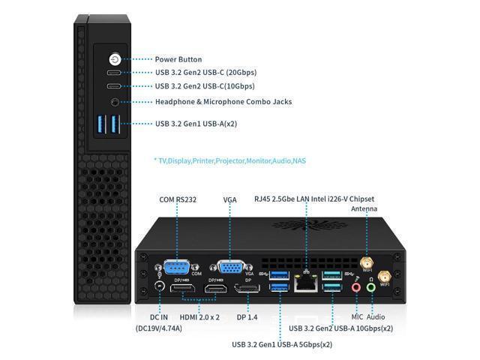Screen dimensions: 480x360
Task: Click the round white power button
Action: [x=115, y=59]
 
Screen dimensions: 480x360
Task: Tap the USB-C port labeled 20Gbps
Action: [x=114, y=73]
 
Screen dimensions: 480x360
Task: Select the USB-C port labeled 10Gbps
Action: [x=114, y=86]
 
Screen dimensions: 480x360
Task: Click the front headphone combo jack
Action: [x=115, y=102]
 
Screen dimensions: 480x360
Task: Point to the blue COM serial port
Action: [x=177, y=267]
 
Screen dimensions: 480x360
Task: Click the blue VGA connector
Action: [x=231, y=267]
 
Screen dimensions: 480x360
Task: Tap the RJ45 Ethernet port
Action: [x=305, y=283]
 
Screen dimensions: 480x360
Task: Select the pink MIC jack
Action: [x=356, y=288]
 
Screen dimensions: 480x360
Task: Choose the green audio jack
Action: [x=371, y=288]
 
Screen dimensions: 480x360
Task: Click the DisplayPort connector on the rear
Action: [x=247, y=288]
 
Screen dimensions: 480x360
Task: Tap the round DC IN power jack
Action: [x=160, y=286]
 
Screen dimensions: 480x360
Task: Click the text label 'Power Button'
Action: [x=178, y=59]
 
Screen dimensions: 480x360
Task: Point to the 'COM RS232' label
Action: [x=178, y=199]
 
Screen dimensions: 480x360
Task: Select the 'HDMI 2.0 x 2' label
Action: [x=199, y=317]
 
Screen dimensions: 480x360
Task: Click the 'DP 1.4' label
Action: [x=247, y=317]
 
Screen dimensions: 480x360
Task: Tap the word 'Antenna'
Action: [x=364, y=208]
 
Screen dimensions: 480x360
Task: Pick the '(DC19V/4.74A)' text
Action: [x=159, y=328]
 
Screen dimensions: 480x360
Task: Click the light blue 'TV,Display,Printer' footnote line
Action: [x=230, y=160]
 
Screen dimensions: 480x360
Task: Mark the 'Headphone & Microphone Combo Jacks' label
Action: [x=223, y=102]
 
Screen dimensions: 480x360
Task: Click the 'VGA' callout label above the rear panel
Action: [x=230, y=200]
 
